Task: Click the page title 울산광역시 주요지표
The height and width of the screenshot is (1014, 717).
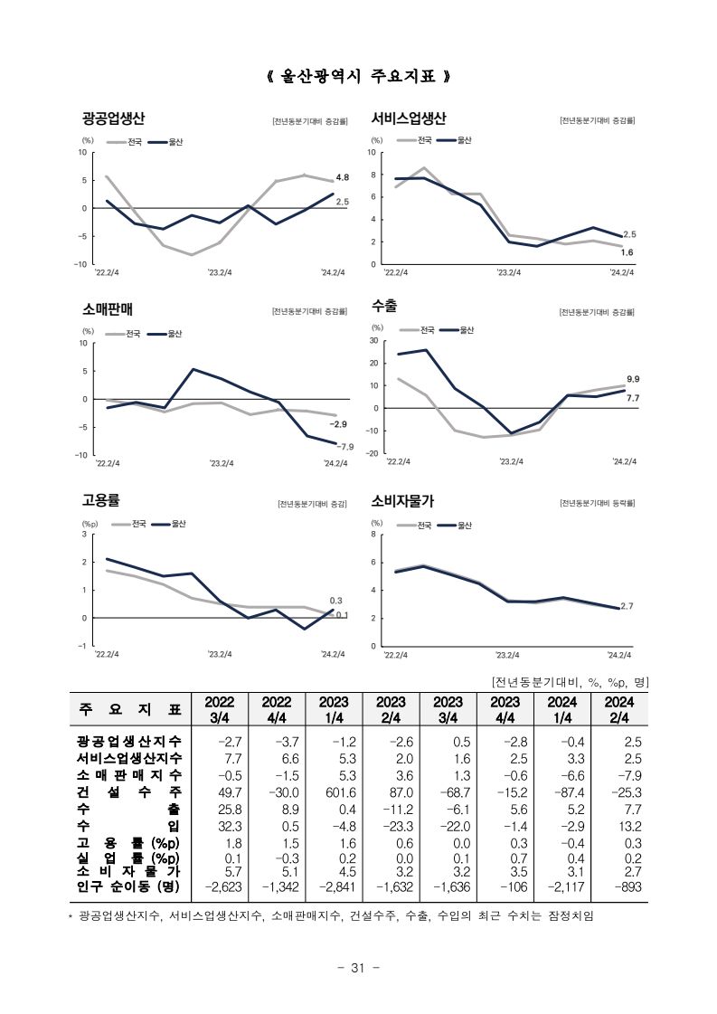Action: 358,76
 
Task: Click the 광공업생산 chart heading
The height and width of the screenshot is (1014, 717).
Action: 113,118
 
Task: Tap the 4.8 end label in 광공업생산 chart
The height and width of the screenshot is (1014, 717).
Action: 342,177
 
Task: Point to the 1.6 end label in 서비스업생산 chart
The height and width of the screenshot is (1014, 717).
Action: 627,252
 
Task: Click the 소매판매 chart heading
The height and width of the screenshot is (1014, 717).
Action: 107,309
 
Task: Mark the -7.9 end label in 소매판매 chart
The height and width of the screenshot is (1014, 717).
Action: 345,446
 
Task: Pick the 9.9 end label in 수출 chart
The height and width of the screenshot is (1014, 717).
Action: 632,379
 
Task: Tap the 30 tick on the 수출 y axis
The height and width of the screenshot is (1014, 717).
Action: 373,341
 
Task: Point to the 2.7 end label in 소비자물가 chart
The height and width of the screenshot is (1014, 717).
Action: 627,606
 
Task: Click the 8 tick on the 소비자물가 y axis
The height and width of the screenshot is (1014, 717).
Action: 373,535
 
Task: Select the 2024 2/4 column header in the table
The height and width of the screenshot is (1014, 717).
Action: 619,709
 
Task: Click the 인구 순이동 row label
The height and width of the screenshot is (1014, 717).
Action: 128,886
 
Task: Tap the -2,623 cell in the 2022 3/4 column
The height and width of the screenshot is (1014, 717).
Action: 223,886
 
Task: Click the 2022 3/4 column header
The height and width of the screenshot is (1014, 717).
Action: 220,709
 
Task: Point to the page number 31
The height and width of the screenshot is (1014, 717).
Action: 358,968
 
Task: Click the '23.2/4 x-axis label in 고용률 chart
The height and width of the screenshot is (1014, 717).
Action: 220,655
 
